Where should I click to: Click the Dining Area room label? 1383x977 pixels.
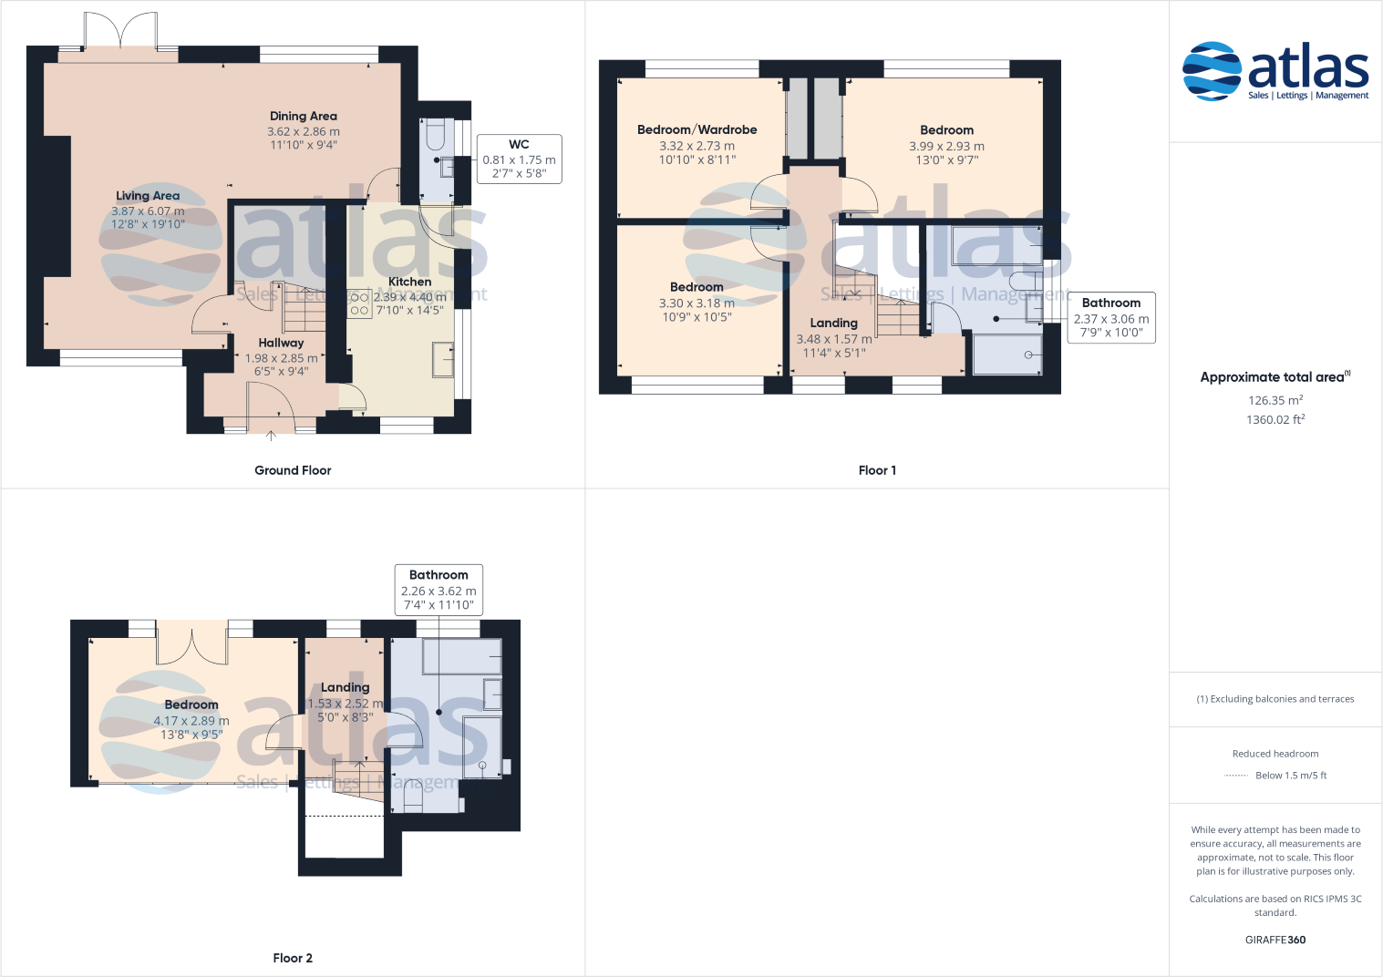[x=304, y=116]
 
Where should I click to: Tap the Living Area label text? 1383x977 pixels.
[x=148, y=196]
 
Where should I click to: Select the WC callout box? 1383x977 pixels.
[x=520, y=159]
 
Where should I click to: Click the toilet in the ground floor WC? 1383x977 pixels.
[x=435, y=136]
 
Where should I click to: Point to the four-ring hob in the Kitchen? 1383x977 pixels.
[x=359, y=303]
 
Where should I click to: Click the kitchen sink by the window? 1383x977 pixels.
[x=443, y=359]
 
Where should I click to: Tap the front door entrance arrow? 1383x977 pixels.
[x=271, y=436]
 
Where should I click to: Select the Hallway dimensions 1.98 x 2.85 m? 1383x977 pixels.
[x=281, y=358]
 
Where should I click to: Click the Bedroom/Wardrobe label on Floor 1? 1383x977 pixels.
[x=697, y=129]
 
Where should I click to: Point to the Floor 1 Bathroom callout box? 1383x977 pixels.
[x=1111, y=317]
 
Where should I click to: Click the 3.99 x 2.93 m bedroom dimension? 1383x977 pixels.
[x=946, y=146]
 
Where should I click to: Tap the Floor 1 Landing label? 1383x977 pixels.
[x=833, y=323]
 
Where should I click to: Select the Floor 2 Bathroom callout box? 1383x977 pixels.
[x=439, y=590]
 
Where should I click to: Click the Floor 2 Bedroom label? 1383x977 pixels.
[x=191, y=704]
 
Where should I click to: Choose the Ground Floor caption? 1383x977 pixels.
[x=293, y=470]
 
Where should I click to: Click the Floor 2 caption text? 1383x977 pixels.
[x=293, y=958]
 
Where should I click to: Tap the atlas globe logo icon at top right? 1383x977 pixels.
[x=1212, y=71]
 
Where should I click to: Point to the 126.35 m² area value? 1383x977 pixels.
[x=1275, y=400]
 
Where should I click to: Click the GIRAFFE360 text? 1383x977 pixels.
[x=1275, y=940]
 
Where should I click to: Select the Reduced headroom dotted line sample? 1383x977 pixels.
[x=1235, y=776]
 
